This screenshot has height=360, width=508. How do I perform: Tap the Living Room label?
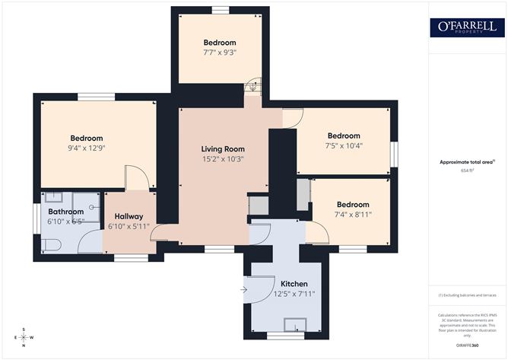coord(223,148)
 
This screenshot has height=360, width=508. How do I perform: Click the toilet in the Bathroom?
coord(50,244)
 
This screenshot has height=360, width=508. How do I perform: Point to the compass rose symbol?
coord(24,336)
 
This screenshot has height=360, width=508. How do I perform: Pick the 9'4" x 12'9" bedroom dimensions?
coord(85,148)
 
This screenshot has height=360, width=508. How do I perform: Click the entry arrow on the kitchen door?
coord(243,289)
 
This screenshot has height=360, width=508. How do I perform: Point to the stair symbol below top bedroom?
coord(252,88)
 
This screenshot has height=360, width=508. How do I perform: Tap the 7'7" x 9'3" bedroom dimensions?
coord(219,53)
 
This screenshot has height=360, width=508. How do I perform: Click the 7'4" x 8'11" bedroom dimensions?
coord(353,215)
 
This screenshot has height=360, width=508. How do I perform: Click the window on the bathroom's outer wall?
coord(37,215)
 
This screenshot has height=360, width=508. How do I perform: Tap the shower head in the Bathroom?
coord(91,206)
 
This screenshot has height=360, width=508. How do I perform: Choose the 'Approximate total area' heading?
coord(466,161)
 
